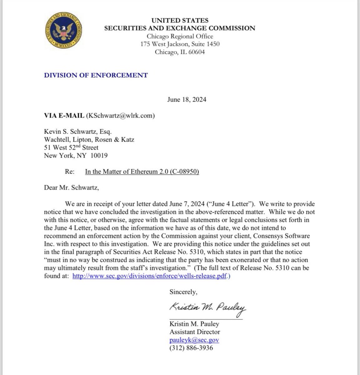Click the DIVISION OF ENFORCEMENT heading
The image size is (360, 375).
point(96,75)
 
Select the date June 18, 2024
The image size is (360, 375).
point(187,100)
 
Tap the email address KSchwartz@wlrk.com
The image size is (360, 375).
point(120,116)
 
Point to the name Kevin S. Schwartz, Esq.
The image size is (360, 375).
point(78,131)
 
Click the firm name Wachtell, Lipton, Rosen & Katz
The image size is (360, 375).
point(89,139)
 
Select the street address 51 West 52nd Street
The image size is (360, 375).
point(71,147)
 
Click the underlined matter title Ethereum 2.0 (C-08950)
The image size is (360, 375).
point(142,172)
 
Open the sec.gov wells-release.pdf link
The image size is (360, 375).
point(149,276)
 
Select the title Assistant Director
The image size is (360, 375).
point(195,332)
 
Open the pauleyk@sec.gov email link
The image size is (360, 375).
point(194,340)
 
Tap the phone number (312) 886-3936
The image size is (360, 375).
point(191,348)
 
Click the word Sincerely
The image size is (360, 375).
point(183,292)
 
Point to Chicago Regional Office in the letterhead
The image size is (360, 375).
point(180,36)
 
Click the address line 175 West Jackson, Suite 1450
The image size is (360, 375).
point(180,44)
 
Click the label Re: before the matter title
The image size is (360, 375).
point(70,172)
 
